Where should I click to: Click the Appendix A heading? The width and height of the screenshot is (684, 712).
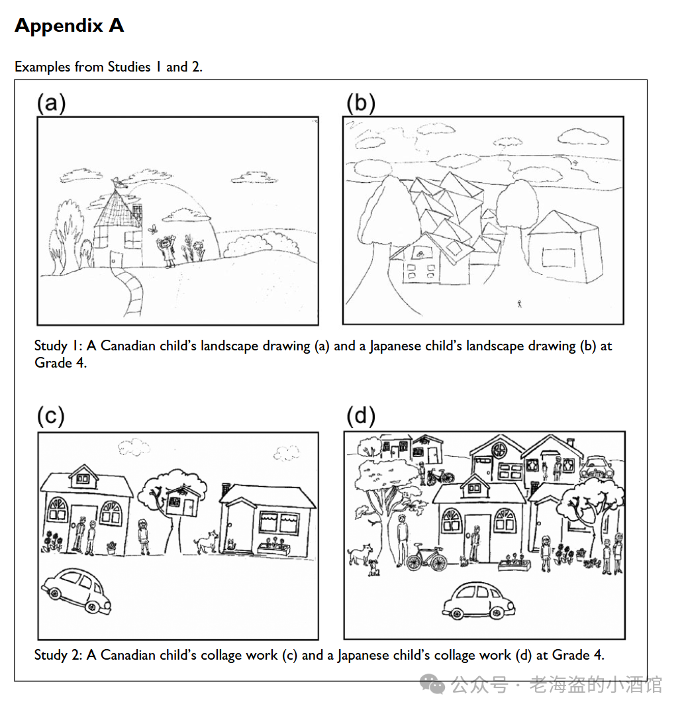tap(70, 25)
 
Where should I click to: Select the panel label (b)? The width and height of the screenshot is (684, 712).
tap(361, 103)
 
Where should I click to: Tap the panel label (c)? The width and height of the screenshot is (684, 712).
tap(51, 416)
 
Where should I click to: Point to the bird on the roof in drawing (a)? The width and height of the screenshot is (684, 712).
tap(117, 183)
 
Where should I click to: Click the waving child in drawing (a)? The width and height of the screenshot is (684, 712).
tap(168, 252)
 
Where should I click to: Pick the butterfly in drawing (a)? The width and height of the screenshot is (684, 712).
tap(153, 229)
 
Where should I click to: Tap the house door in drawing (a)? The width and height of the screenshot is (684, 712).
tap(116, 259)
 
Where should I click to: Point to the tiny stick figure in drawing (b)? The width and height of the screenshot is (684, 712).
tap(520, 304)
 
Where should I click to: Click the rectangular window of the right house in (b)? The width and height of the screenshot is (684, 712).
tap(558, 258)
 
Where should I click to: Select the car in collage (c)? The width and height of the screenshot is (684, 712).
tap(76, 591)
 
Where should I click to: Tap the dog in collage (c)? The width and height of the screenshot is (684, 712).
tap(206, 542)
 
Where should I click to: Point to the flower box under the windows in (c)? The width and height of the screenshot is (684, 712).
tap(273, 549)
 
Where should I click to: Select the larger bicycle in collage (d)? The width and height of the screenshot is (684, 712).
tap(426, 557)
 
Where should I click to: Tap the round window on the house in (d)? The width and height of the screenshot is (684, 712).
tap(500, 450)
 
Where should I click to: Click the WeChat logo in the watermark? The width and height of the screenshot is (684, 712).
tap(432, 684)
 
